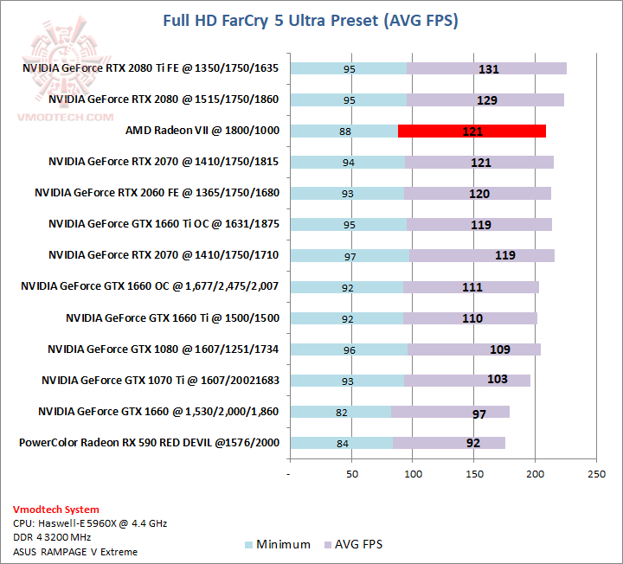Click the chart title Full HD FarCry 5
click(311, 20)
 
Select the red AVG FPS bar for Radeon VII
click(472, 131)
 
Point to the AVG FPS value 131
click(489, 68)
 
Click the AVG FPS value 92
click(473, 443)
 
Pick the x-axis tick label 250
click(596, 474)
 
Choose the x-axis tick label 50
click(351, 474)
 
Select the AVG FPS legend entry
click(352, 544)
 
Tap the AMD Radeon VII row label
click(202, 131)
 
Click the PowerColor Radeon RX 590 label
click(149, 443)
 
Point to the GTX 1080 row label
click(164, 349)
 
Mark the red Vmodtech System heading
click(55, 510)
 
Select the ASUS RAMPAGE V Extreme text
click(75, 551)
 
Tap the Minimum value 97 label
click(349, 255)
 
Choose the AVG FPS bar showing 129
click(485, 99)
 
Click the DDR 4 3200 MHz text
click(54, 537)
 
